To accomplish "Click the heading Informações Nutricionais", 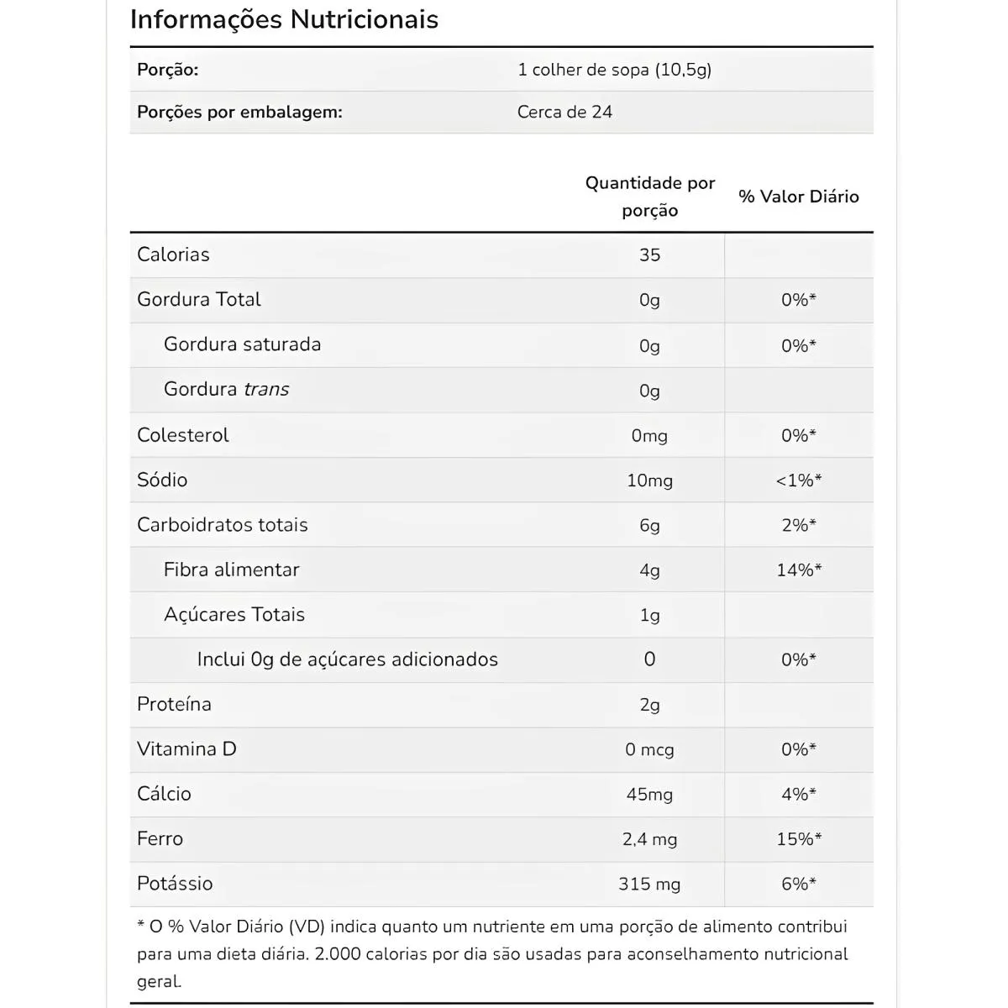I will (x=284, y=19).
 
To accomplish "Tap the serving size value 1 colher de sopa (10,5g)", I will (x=614, y=70).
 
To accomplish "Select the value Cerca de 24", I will (x=564, y=112).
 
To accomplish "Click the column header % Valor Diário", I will (x=798, y=197).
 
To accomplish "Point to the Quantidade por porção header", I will (x=649, y=197).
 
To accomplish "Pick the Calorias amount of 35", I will (x=649, y=255).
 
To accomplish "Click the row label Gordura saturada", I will (x=242, y=344).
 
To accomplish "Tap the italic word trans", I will (x=266, y=390).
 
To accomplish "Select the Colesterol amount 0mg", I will (x=649, y=436).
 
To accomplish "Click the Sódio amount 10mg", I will (x=649, y=480).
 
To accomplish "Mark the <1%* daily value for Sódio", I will (x=798, y=480).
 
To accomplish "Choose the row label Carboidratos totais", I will (x=223, y=525).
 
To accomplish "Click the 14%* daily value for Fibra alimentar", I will (x=798, y=570).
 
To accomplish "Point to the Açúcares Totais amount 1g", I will (x=649, y=615).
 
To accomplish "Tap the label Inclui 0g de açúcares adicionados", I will (x=347, y=659).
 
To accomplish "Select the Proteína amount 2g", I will (x=649, y=705).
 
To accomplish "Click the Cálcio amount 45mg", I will (x=649, y=795).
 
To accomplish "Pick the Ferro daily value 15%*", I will (x=798, y=839).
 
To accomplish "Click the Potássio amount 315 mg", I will (x=649, y=884).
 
